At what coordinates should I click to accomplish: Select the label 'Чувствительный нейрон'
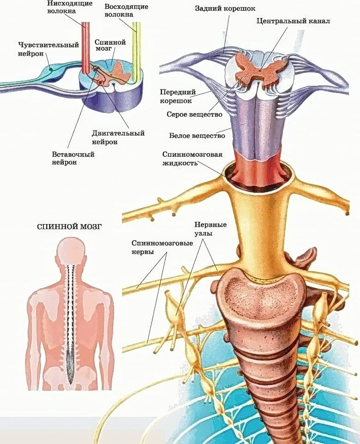coord(48,49)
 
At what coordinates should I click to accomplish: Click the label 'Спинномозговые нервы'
coord(162,248)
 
